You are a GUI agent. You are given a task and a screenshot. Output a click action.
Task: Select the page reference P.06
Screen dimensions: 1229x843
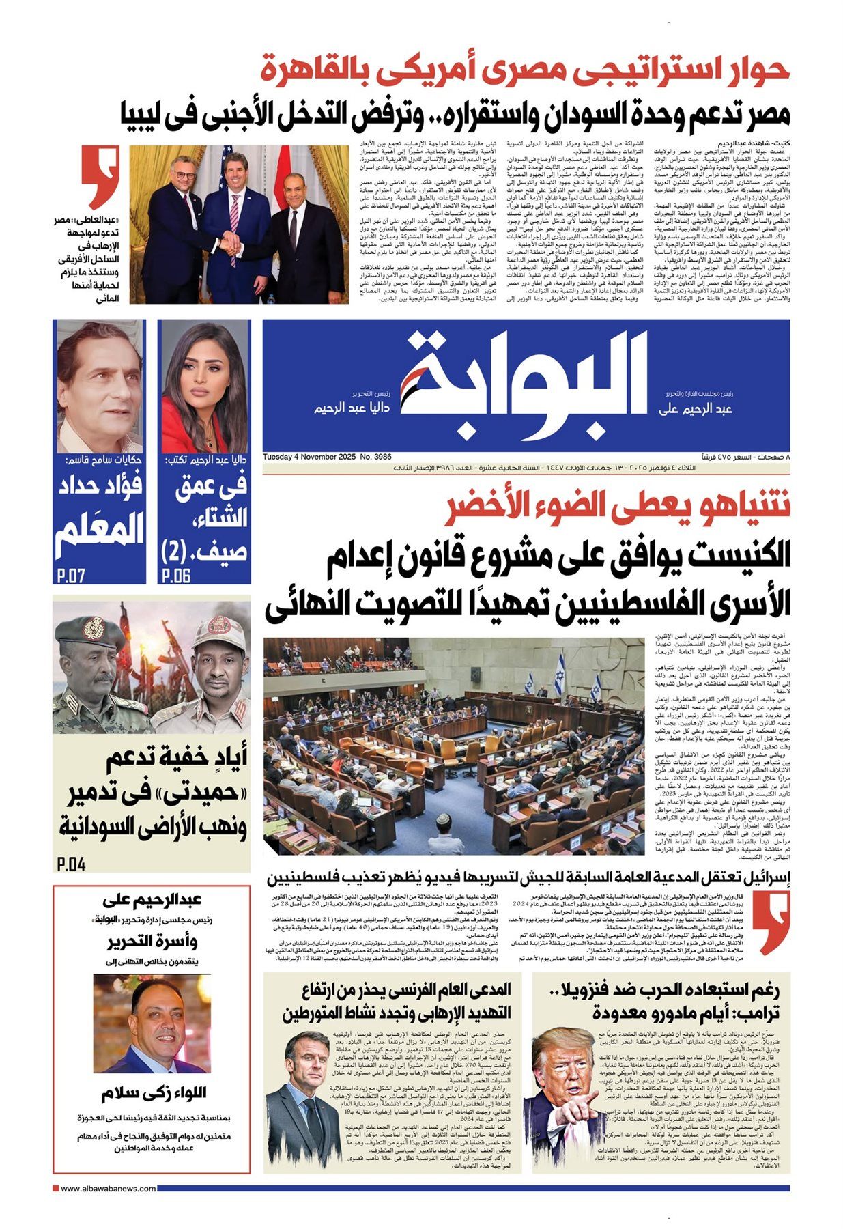tap(176, 575)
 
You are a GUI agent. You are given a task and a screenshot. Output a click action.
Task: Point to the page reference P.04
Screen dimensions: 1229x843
tap(72, 864)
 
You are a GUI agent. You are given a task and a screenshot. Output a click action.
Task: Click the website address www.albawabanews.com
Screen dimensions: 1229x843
tap(108, 1189)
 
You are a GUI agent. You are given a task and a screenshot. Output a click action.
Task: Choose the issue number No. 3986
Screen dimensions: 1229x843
tap(375, 456)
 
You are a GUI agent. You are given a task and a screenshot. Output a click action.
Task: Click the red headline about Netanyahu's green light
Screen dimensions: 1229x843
tap(618, 509)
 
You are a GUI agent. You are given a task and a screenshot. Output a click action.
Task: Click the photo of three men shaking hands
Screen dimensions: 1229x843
tap(239, 224)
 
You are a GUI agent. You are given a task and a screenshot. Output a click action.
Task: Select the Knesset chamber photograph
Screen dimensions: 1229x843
tap(453, 746)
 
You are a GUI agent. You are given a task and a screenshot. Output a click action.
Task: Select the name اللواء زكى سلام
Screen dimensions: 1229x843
tap(154, 1093)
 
